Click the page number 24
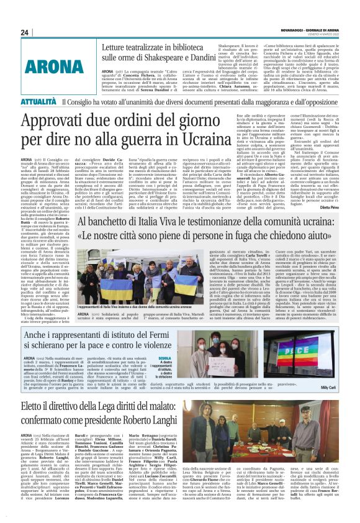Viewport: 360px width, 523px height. coord(25,32)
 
